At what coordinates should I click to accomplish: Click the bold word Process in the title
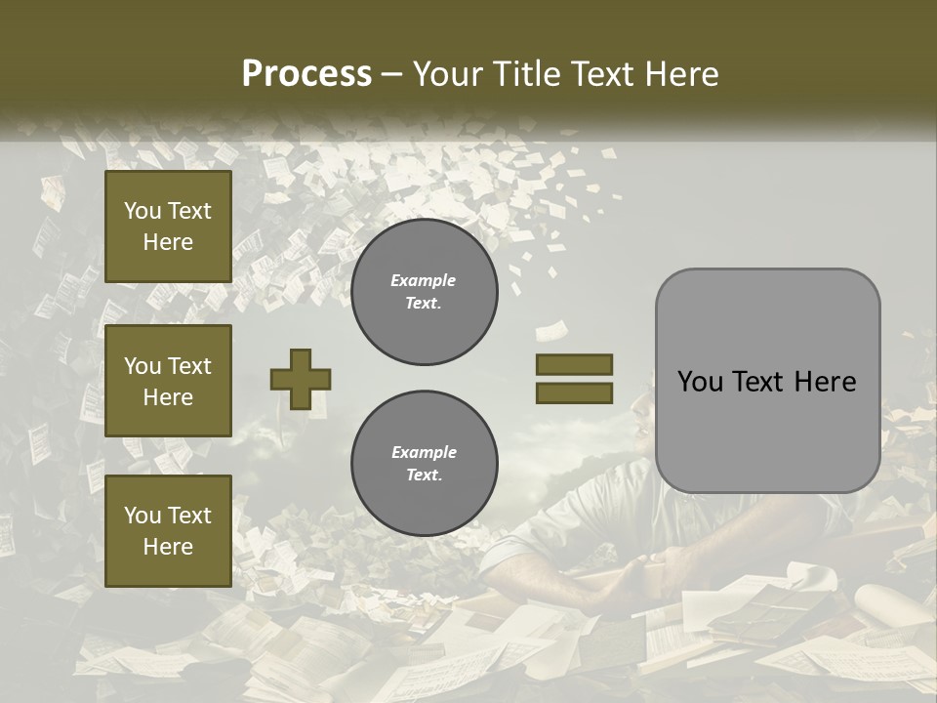coord(306,73)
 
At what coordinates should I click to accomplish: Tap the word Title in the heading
coord(524,74)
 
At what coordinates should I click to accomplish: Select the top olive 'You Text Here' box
coord(168,227)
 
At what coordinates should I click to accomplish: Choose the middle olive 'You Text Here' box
coord(168,381)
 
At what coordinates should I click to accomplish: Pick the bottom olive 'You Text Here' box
coord(168,530)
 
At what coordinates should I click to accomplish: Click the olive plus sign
coord(301,379)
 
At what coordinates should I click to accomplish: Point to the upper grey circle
coord(424,291)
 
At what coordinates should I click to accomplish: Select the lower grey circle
coord(424,463)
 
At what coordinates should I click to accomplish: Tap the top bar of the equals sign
coord(574,365)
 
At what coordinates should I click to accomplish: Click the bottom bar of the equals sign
coord(574,393)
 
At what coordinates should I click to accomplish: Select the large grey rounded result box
coord(767,381)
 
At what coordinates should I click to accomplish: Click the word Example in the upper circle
coord(424,280)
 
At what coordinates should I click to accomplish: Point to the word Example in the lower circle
coord(424,452)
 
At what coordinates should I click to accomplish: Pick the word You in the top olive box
coord(142,211)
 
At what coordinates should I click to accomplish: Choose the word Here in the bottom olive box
coord(168,547)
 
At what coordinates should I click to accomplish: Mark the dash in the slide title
coord(392,74)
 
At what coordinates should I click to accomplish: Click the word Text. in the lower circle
coord(424,476)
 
